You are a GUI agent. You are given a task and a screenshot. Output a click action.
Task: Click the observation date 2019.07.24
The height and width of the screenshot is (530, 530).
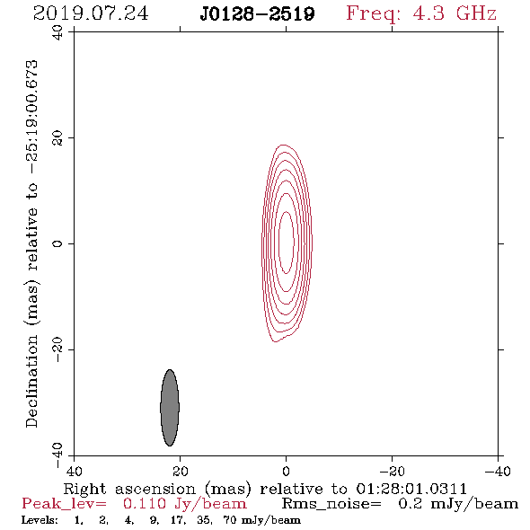(91, 13)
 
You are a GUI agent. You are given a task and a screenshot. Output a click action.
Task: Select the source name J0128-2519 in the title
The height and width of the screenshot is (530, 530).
(257, 13)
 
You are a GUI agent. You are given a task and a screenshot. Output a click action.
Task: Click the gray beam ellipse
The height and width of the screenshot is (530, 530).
(170, 407)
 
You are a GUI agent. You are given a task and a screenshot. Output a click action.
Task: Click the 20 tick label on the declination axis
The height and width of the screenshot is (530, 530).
(57, 138)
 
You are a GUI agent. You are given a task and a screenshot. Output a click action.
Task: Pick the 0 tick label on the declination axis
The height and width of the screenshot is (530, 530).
(57, 243)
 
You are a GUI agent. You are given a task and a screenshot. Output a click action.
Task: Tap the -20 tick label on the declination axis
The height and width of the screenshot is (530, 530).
(57, 349)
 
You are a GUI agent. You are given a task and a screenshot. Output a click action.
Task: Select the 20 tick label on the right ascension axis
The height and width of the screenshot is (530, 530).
(180, 471)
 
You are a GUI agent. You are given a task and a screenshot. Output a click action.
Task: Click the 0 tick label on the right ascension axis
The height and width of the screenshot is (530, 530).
(286, 471)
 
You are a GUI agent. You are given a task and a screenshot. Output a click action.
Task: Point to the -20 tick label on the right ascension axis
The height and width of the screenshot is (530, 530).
(392, 471)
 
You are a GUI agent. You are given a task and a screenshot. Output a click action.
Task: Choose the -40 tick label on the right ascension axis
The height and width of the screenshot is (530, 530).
(498, 471)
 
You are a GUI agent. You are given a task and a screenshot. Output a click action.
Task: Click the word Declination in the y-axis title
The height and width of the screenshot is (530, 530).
(31, 381)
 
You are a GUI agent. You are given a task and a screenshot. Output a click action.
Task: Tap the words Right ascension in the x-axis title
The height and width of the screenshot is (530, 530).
(129, 489)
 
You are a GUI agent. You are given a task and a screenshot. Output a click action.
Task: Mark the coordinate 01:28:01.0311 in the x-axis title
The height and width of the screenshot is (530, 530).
(411, 489)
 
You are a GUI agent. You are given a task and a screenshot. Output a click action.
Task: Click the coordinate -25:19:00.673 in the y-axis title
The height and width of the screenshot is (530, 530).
(32, 117)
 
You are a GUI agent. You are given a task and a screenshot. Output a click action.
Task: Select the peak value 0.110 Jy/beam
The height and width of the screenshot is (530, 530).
(184, 504)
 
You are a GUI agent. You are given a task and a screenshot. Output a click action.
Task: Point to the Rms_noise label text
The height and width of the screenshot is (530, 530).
(331, 504)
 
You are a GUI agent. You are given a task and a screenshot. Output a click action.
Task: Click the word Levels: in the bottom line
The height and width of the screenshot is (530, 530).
(40, 519)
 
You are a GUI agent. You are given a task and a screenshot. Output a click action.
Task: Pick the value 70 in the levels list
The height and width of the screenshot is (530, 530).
(230, 519)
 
